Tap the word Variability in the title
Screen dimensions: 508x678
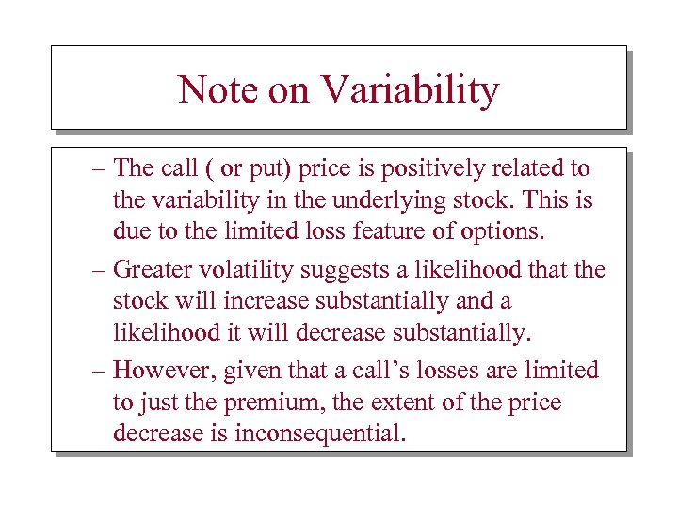[x=410, y=91]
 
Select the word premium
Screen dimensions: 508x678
[x=269, y=404]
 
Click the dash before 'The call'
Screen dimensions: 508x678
[x=99, y=170]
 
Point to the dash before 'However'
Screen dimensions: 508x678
[x=99, y=371]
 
